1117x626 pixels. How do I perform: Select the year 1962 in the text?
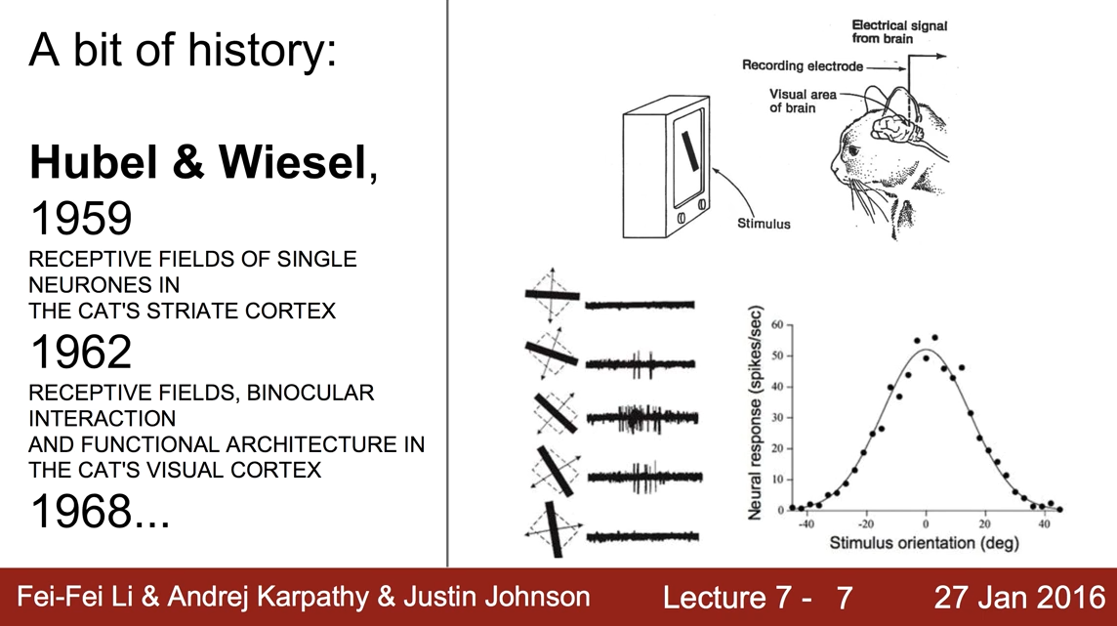81,352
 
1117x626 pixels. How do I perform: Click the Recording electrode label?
802,66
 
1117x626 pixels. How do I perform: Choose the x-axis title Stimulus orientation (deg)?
924,543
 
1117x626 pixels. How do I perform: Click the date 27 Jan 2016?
1017,597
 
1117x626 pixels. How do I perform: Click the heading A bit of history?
183,47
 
